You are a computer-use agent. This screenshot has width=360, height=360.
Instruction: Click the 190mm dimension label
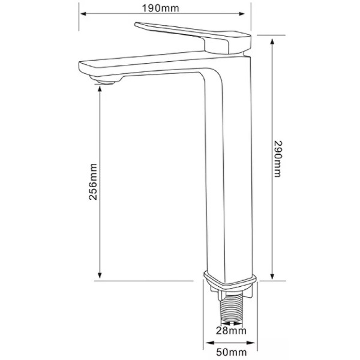160,8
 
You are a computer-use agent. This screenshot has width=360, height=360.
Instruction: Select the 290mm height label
278,159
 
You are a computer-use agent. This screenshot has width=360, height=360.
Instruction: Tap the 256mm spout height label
93,182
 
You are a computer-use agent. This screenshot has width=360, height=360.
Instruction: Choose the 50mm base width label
232,352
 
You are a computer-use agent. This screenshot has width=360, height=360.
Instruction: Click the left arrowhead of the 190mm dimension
83,14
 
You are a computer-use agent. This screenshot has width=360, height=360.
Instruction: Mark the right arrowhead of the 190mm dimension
242,14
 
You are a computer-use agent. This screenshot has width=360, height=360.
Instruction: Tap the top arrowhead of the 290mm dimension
272,41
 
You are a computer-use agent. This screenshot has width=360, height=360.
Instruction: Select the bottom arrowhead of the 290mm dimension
272,276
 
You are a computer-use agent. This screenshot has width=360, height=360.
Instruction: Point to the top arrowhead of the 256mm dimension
100,89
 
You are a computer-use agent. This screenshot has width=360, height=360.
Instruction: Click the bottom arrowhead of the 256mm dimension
100,275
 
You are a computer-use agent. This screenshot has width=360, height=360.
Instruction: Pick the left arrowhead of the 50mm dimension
209,343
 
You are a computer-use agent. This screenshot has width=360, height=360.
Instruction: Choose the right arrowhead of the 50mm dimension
251,343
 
